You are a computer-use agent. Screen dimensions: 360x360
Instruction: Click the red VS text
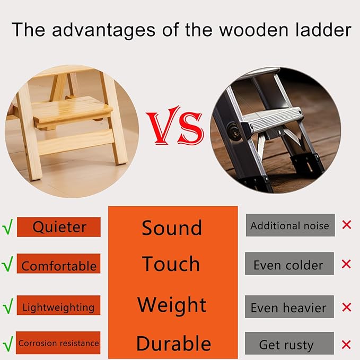pyautogui.click(x=174, y=128)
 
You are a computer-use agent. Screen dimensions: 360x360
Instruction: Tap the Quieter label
pyautogui.click(x=59, y=227)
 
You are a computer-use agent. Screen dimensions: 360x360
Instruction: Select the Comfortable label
pyautogui.click(x=59, y=265)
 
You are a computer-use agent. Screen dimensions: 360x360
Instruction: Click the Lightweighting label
pyautogui.click(x=58, y=307)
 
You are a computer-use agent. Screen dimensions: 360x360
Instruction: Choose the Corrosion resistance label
pyautogui.click(x=58, y=343)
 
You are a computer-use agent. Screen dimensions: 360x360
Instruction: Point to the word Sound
pyautogui.click(x=172, y=228)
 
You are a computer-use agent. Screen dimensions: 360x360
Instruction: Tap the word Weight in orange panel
pyautogui.click(x=172, y=305)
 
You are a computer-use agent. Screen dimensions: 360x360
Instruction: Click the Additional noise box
pyautogui.click(x=290, y=225)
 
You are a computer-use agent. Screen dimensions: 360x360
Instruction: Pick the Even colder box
pyautogui.click(x=289, y=264)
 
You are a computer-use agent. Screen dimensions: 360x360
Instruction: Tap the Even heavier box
pyautogui.click(x=289, y=307)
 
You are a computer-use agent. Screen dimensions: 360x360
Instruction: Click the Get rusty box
pyautogui.click(x=289, y=344)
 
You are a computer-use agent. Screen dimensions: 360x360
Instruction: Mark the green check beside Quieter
pyautogui.click(x=7, y=227)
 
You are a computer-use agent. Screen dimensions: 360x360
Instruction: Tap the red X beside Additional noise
pyautogui.click(x=347, y=225)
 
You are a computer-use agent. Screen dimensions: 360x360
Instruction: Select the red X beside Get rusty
pyautogui.click(x=347, y=344)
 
